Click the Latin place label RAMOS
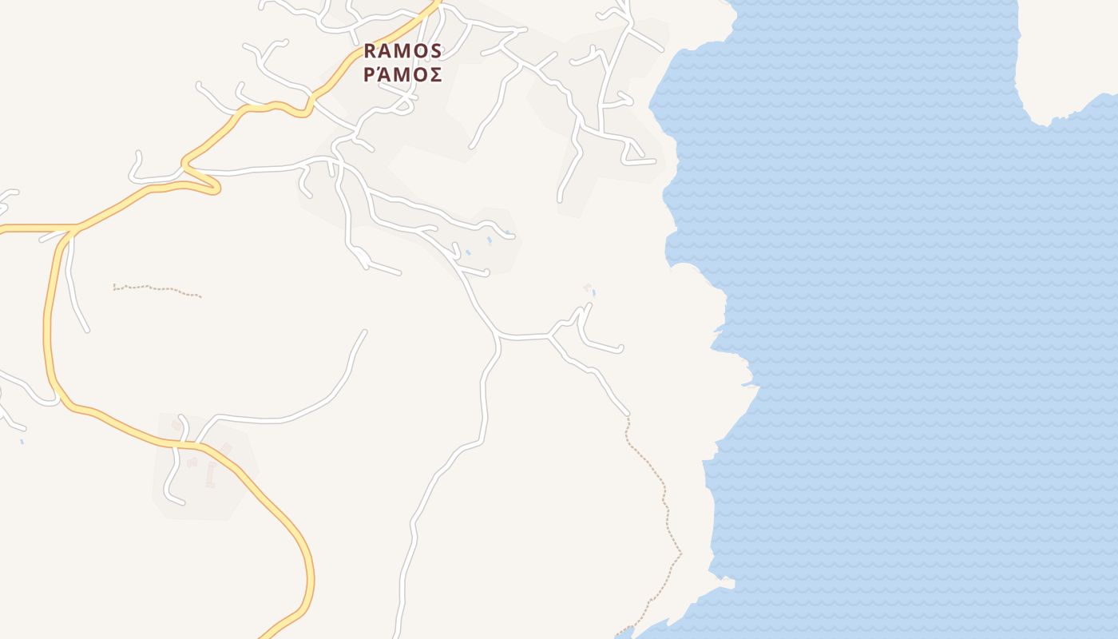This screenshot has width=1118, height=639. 402,51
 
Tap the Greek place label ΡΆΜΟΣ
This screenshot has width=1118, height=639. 402,75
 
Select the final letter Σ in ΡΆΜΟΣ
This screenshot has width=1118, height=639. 435,75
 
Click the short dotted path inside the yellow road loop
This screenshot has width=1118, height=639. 157,289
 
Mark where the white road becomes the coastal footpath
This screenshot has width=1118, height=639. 628,416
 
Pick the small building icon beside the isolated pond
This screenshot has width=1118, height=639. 588,287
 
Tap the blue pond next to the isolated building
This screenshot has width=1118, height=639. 594,293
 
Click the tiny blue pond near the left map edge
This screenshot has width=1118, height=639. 22,440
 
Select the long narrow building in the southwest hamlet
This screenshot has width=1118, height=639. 211,475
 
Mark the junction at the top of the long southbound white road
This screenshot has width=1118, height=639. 498,336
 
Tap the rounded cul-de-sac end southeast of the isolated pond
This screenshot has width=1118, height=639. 620,348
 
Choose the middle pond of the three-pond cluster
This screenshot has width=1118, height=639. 489,240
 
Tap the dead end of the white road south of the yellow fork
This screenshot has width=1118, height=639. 86,329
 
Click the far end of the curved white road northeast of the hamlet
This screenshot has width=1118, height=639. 364,331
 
